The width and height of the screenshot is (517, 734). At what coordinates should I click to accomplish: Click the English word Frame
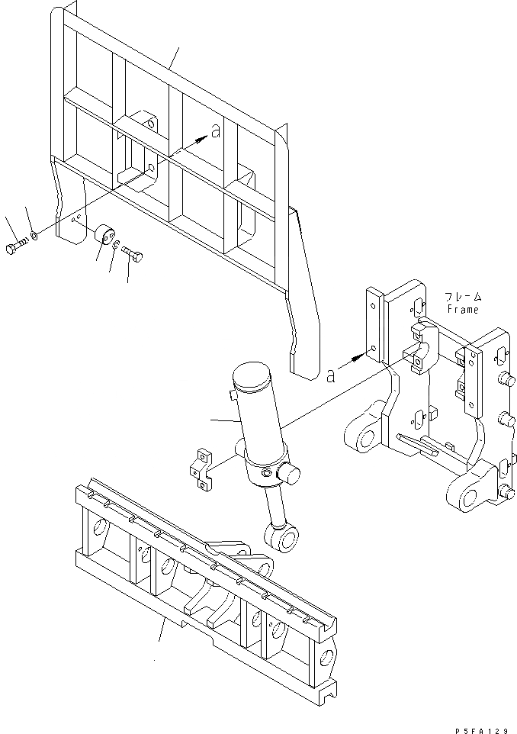pos(463,310)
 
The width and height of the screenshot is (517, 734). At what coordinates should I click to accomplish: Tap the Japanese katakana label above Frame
pos(463,297)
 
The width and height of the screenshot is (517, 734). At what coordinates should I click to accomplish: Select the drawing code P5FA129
pos(484,726)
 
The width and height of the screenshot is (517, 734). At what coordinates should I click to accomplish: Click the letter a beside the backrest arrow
pos(215,131)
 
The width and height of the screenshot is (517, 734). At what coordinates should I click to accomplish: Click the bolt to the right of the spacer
pos(133,257)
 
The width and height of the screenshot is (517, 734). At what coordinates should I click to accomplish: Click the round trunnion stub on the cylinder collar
pos(290,474)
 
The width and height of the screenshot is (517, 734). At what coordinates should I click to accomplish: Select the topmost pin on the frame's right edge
pos(503,379)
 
